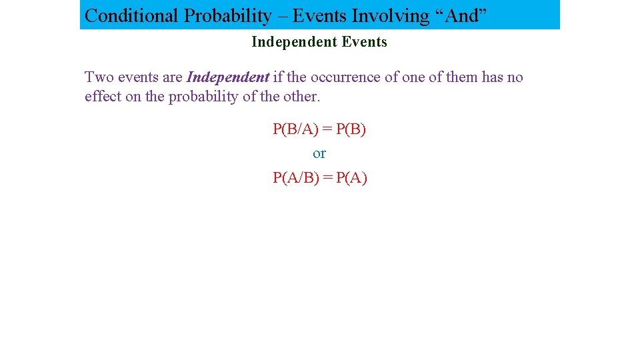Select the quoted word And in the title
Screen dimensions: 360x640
coord(461,15)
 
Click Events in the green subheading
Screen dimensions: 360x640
coord(364,42)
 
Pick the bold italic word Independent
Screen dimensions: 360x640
coord(227,77)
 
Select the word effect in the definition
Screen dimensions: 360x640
coord(103,97)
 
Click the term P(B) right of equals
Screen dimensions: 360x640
coord(351,129)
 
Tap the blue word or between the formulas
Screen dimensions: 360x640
coord(319,153)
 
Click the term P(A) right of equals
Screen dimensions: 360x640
coord(351,177)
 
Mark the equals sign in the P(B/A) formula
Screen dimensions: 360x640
coord(327,129)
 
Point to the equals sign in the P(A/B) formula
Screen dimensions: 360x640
coord(327,177)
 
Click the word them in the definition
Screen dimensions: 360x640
coord(462,77)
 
